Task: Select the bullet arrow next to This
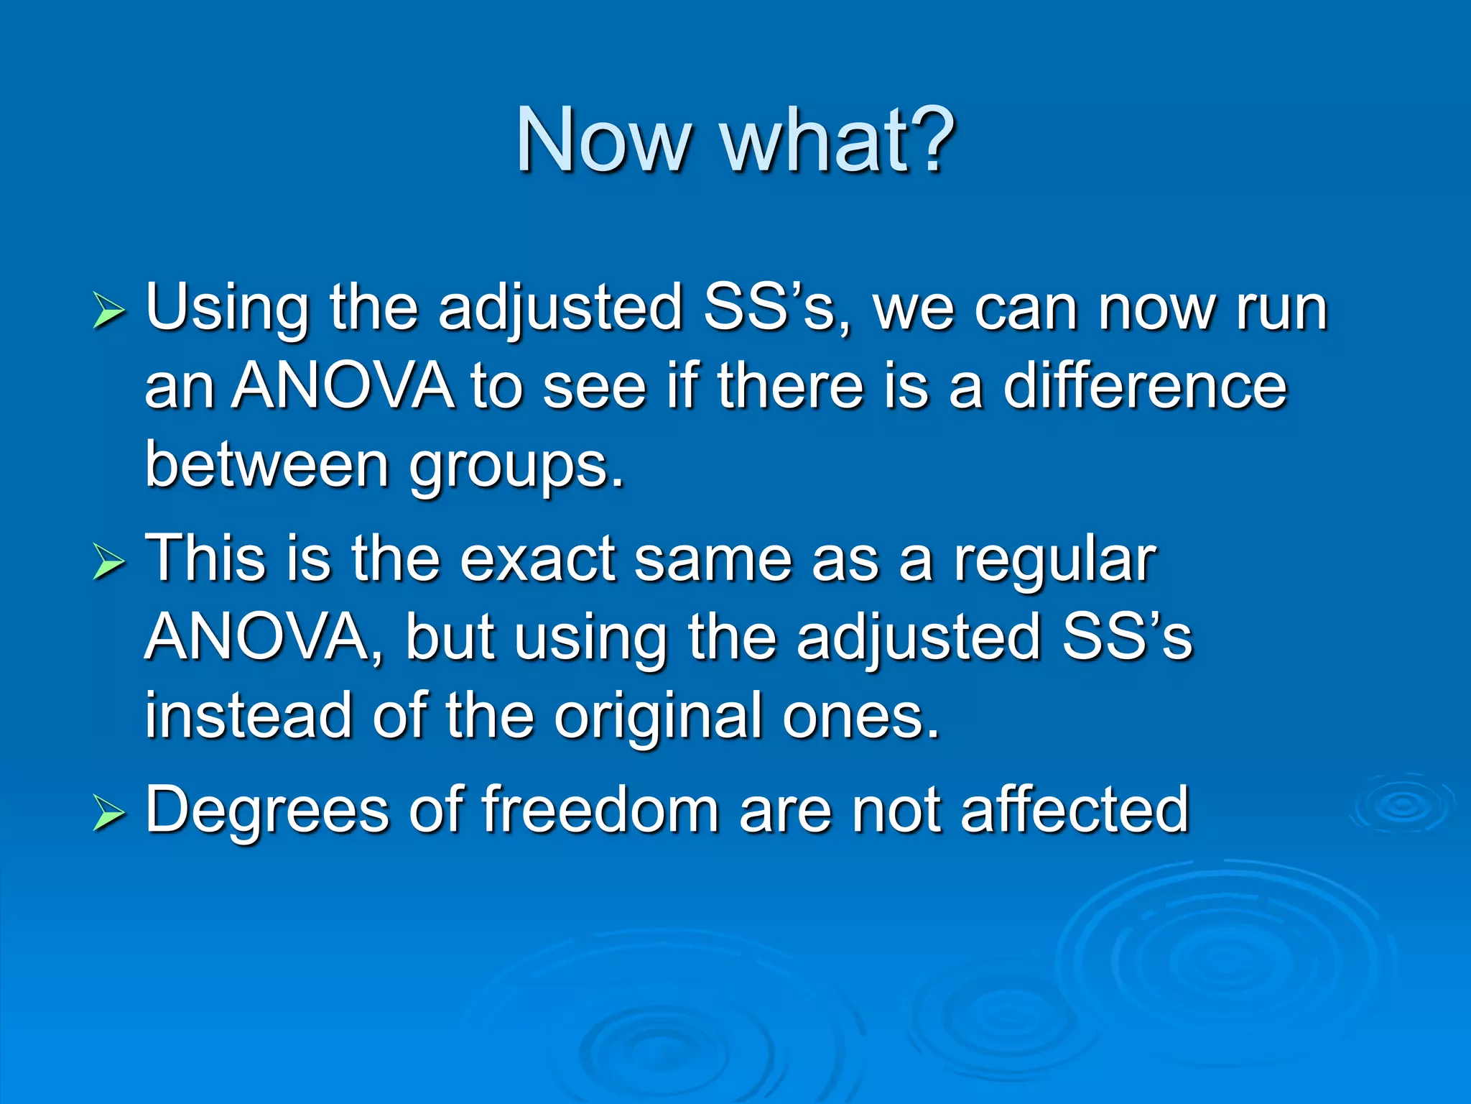click(x=108, y=563)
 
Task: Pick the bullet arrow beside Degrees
click(x=108, y=814)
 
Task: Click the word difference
click(x=1144, y=386)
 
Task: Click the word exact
click(x=537, y=559)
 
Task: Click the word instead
click(x=249, y=715)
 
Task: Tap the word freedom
click(x=600, y=810)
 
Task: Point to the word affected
click(x=1075, y=810)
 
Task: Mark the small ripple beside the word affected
click(x=1402, y=805)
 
